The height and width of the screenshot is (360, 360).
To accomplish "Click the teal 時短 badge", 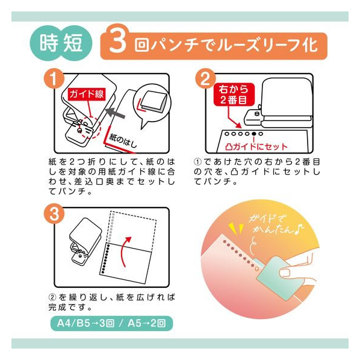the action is pyautogui.click(x=61, y=43).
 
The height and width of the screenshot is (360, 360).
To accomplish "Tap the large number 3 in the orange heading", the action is pyautogui.click(x=117, y=41).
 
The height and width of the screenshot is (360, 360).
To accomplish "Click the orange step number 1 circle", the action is pyautogui.click(x=54, y=79).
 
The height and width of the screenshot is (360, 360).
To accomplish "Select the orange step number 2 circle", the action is pyautogui.click(x=205, y=79).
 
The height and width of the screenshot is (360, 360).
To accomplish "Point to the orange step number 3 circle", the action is pyautogui.click(x=54, y=214).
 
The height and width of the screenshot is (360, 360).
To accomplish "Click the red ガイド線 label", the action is pyautogui.click(x=87, y=94).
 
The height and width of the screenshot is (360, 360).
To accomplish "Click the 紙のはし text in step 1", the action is pyautogui.click(x=123, y=140).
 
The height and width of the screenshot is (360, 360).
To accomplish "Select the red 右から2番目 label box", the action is pyautogui.click(x=234, y=95).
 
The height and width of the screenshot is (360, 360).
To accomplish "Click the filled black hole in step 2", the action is pyautogui.click(x=254, y=134).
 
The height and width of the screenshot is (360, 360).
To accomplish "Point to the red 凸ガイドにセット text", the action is pyautogui.click(x=256, y=147).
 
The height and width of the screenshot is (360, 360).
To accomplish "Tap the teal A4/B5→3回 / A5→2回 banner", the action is pyautogui.click(x=111, y=323).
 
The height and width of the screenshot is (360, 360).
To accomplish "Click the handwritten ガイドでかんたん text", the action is pyautogui.click(x=275, y=225).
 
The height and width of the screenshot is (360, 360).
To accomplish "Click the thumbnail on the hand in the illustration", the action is pyautogui.click(x=285, y=273).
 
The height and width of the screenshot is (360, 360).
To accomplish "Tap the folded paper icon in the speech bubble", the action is pyautogui.click(x=153, y=102).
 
